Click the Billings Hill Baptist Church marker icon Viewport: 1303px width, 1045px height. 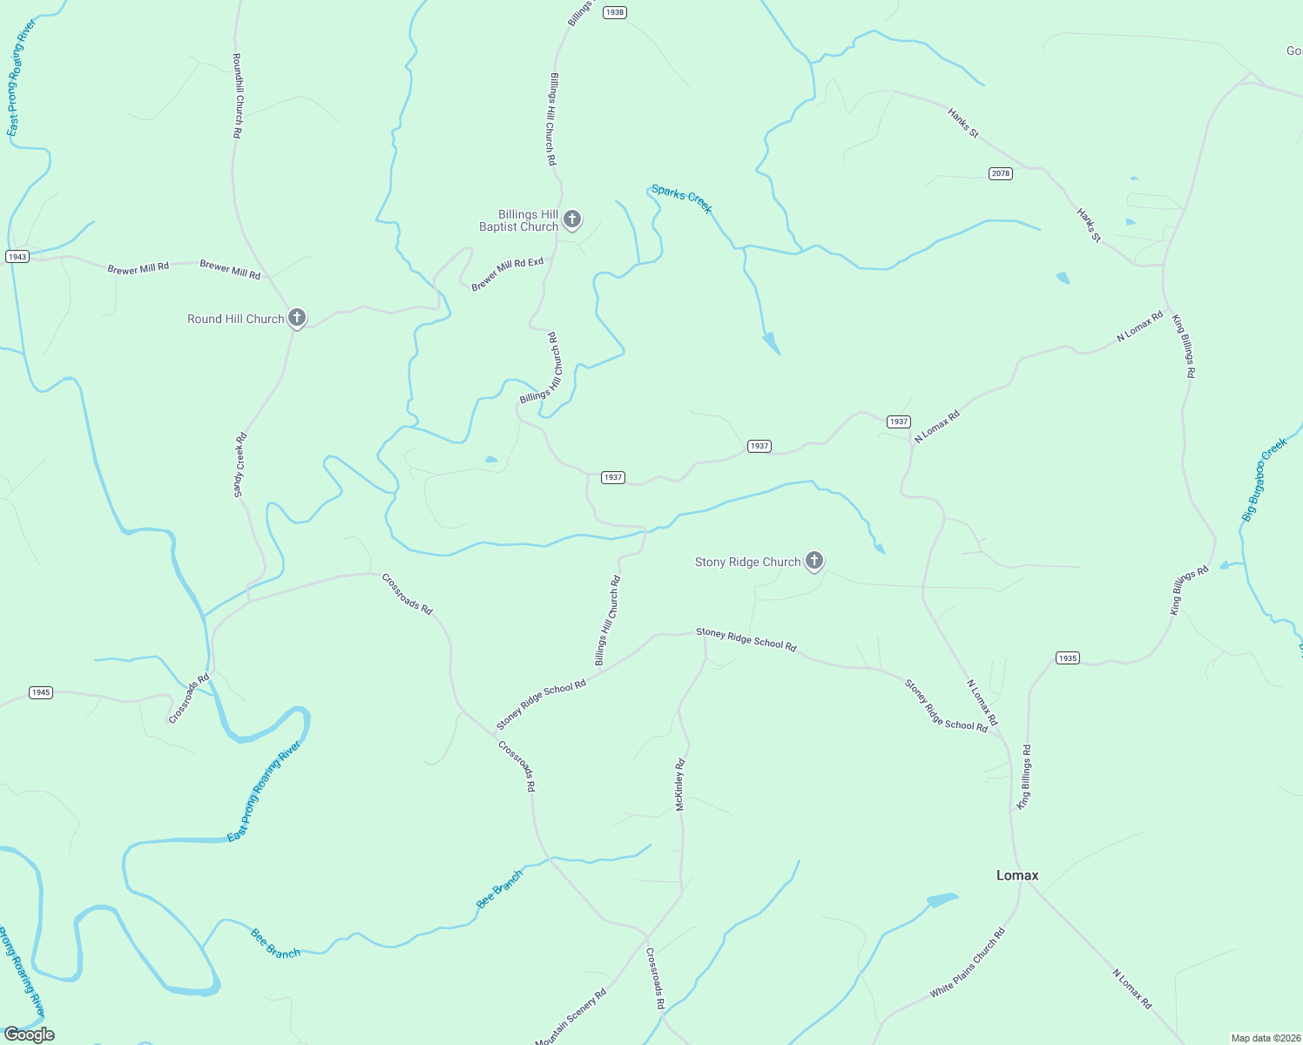(x=572, y=219)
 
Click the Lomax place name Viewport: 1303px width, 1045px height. (x=1017, y=875)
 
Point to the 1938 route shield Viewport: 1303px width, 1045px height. (x=615, y=12)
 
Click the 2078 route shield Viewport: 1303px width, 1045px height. (x=1001, y=173)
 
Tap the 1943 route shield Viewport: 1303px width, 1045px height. (x=17, y=256)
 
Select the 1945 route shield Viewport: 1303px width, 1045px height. (x=41, y=692)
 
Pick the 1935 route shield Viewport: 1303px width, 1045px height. (x=1068, y=657)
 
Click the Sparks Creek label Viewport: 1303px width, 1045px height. (x=682, y=198)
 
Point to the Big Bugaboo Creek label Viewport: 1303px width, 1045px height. (x=1264, y=480)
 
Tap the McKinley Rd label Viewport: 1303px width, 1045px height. (x=680, y=785)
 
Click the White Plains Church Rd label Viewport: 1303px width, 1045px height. (x=967, y=962)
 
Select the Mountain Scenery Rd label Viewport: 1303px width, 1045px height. (x=570, y=1018)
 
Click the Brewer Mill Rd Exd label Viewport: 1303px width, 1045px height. (x=507, y=274)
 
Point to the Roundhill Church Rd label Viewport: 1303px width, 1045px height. (x=236, y=96)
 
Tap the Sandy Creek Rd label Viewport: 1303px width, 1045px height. (x=240, y=465)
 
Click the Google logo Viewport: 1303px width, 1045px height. (x=29, y=1035)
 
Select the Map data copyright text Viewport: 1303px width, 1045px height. (x=1265, y=1038)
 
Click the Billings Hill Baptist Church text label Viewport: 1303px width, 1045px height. (x=519, y=220)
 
